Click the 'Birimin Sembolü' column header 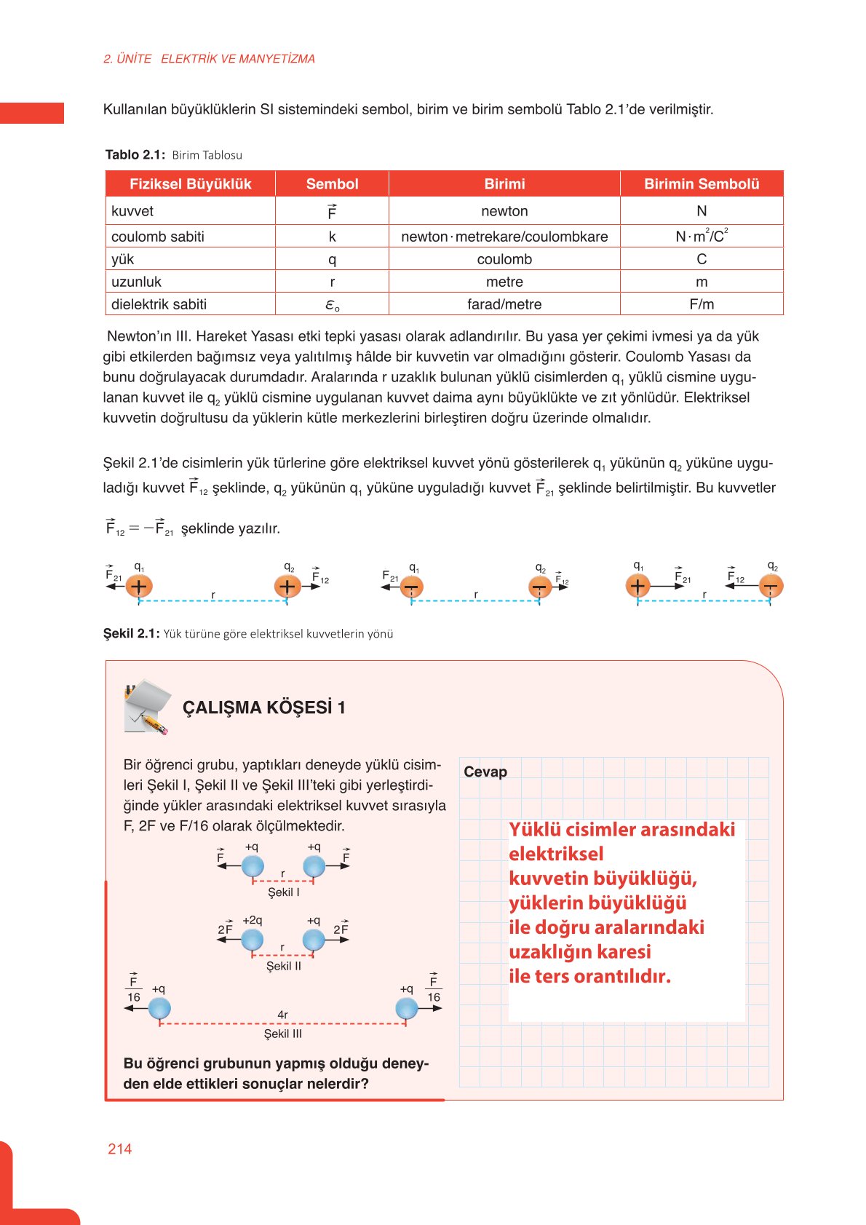(702, 184)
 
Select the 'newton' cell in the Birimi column (504, 211)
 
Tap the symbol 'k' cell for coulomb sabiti (332, 237)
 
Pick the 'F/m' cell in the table (702, 304)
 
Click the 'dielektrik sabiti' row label (159, 304)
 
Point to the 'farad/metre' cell (504, 304)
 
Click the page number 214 (119, 1149)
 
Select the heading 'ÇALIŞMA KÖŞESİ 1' (263, 707)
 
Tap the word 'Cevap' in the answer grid (485, 772)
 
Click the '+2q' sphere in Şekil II (252, 940)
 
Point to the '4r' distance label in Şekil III (282, 1015)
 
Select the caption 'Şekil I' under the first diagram (283, 892)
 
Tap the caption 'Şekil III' (282, 1034)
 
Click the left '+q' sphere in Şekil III (159, 1008)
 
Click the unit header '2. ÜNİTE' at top (127, 59)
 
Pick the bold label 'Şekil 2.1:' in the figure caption (131, 633)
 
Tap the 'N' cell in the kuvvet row (702, 211)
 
